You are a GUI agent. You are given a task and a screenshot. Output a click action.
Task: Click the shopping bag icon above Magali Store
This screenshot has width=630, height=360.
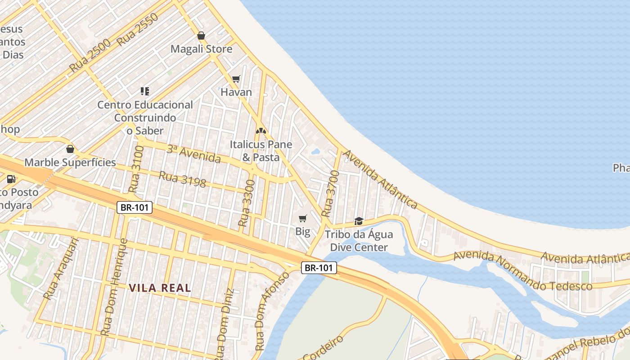tap(201, 36)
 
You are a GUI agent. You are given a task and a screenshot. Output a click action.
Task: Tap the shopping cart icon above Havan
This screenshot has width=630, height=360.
tap(236, 79)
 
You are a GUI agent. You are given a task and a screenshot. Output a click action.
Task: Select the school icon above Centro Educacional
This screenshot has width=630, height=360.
tap(145, 91)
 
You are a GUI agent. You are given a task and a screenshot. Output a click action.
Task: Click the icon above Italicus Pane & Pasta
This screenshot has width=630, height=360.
tap(261, 131)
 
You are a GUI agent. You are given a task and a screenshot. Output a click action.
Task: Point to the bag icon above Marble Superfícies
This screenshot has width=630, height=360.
tap(70, 149)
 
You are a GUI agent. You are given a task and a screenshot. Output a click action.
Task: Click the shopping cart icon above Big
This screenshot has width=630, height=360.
tap(303, 219)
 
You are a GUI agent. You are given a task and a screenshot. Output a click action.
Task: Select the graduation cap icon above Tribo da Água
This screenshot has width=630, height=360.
tap(359, 221)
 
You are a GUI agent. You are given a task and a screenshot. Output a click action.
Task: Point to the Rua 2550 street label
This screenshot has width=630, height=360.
tap(138, 30)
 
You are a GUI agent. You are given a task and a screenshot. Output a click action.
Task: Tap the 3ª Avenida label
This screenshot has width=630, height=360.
tap(193, 154)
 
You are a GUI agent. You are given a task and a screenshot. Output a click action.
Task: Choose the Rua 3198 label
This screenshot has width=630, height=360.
tap(182, 179)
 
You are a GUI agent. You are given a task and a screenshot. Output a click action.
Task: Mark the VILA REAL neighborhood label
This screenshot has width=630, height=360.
tap(160, 288)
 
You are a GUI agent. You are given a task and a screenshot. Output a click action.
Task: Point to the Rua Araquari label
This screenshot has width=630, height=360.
tap(61, 269)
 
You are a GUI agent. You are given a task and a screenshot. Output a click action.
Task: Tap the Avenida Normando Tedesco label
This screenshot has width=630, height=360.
tap(522, 271)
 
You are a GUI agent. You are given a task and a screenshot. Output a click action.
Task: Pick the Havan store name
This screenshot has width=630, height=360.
tap(236, 92)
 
